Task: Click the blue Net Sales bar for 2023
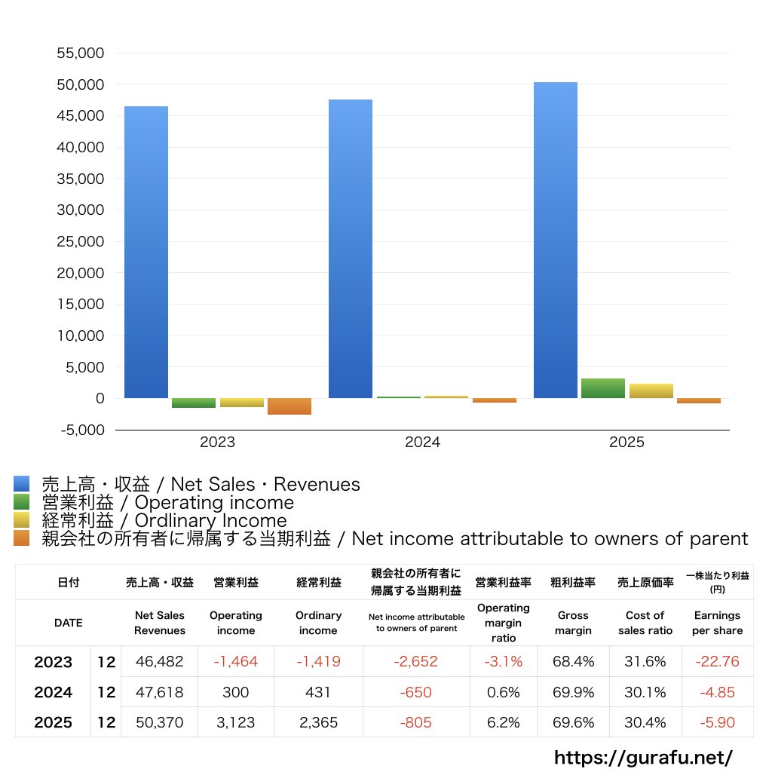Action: tap(146, 252)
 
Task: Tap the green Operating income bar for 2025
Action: tap(602, 388)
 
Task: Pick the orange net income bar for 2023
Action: tap(289, 406)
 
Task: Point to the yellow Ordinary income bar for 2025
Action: tap(651, 391)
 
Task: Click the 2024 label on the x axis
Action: tap(422, 443)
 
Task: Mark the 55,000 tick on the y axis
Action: tap(80, 54)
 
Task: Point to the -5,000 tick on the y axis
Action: tap(80, 430)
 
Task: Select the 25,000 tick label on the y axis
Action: tap(80, 242)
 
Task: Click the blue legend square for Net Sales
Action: tap(21, 484)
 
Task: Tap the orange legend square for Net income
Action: tap(21, 538)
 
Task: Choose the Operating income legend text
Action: tap(167, 502)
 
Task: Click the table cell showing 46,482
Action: tap(160, 662)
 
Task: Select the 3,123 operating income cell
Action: tap(236, 722)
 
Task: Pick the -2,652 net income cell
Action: tap(415, 662)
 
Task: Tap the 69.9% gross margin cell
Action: tap(574, 692)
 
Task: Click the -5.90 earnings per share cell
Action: tap(717, 722)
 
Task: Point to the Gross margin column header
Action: tap(574, 623)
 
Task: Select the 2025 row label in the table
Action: tap(54, 722)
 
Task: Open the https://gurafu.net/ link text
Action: tap(643, 757)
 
